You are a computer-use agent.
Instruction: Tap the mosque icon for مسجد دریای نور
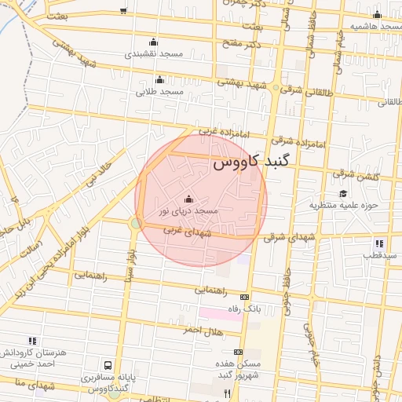point(188,199)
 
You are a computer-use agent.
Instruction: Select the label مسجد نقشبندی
point(153,55)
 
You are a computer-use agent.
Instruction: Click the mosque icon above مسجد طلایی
point(160,79)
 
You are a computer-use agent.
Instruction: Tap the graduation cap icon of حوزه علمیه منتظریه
point(342,193)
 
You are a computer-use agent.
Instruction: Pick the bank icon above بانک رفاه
point(243,298)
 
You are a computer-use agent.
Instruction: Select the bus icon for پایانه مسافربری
point(107,365)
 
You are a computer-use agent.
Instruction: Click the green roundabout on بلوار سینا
point(136,224)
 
